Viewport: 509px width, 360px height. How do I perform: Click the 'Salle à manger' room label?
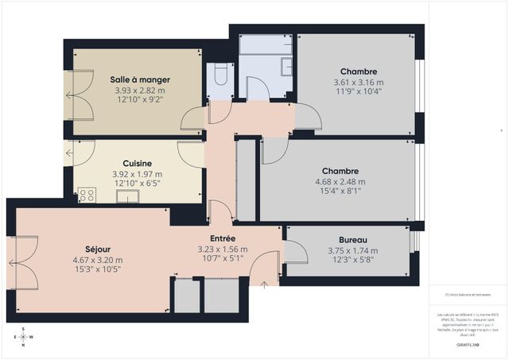pos(140,80)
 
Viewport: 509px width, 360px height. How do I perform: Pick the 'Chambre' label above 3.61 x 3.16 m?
pos(355,72)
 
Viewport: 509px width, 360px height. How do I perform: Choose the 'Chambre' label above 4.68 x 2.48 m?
pos(340,171)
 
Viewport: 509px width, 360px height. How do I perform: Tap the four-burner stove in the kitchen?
pos(86,194)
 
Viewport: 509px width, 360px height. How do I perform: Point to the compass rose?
pos(24,337)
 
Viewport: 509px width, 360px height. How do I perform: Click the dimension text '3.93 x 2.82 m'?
pos(140,90)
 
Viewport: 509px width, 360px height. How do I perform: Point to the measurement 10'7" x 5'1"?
pos(222,258)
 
